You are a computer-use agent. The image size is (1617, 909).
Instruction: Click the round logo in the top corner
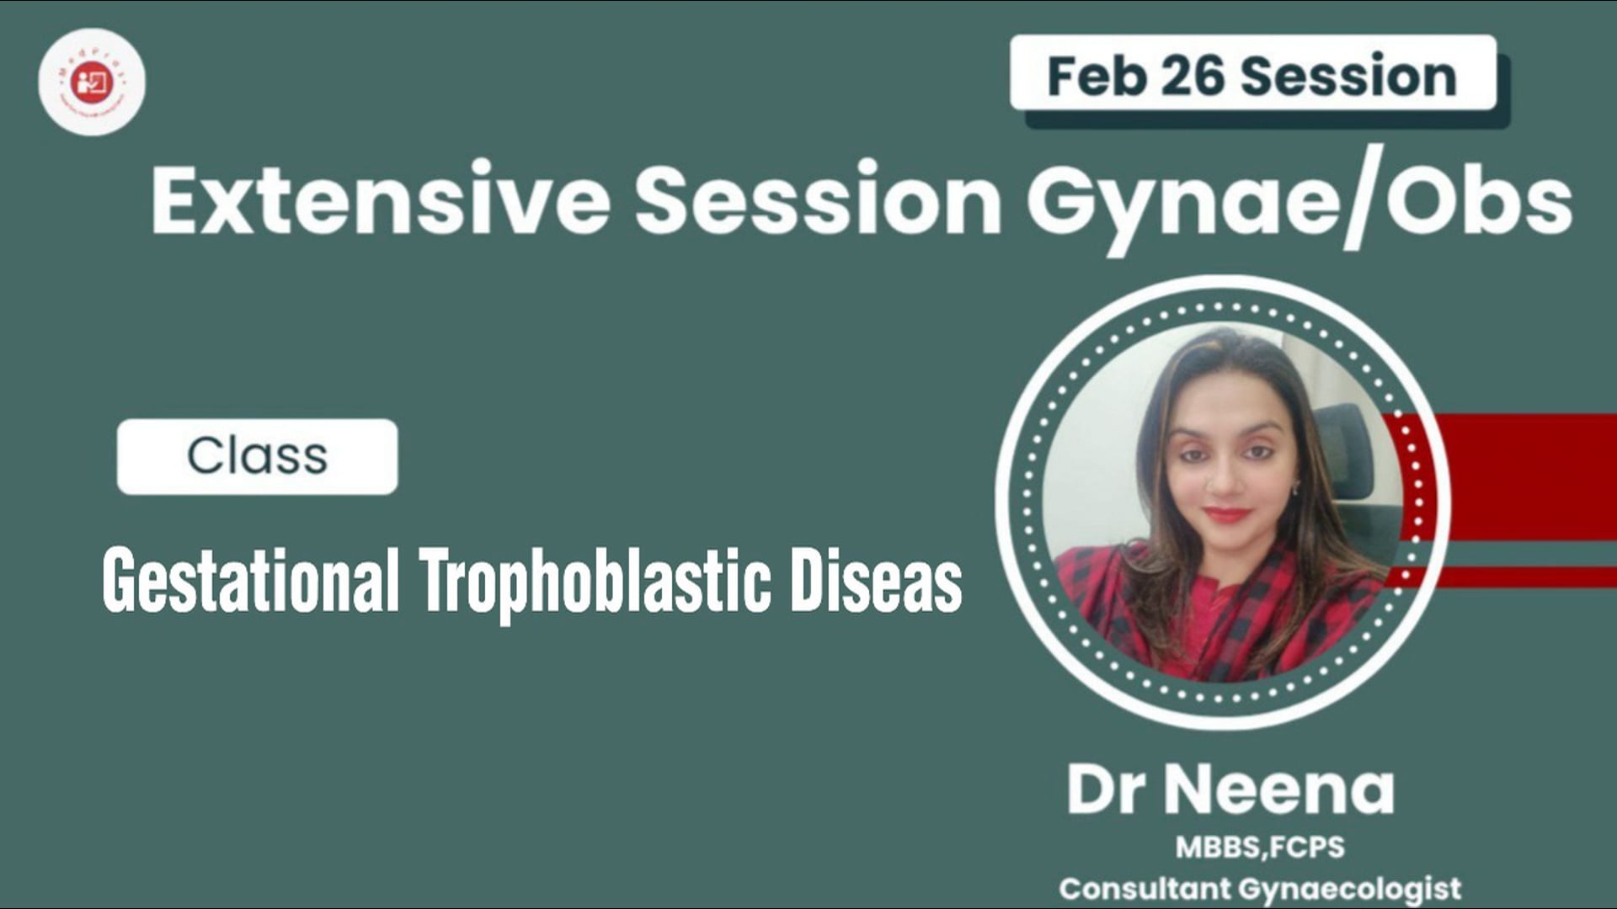point(92,82)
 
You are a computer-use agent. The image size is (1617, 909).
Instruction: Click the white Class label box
point(257,456)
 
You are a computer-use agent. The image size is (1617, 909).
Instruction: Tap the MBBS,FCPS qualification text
point(1260,847)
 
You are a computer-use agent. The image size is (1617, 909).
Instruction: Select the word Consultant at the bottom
point(1145,889)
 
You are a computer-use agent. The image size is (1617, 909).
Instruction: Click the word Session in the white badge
point(1348,76)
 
